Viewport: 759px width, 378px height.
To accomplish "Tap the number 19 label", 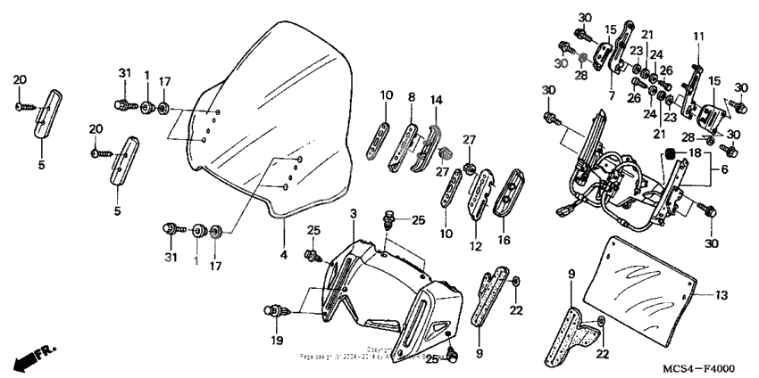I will click(275, 340).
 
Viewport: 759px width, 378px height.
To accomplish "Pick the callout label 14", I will click(437, 100).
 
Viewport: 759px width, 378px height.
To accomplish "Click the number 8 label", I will click(412, 96).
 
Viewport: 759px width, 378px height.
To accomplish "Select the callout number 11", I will click(699, 37).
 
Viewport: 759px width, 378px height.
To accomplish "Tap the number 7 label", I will click(613, 94).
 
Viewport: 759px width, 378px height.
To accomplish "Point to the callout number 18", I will click(696, 154).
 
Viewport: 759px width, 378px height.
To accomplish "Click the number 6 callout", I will click(721, 168).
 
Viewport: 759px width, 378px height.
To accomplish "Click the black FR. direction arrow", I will click(28, 358).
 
